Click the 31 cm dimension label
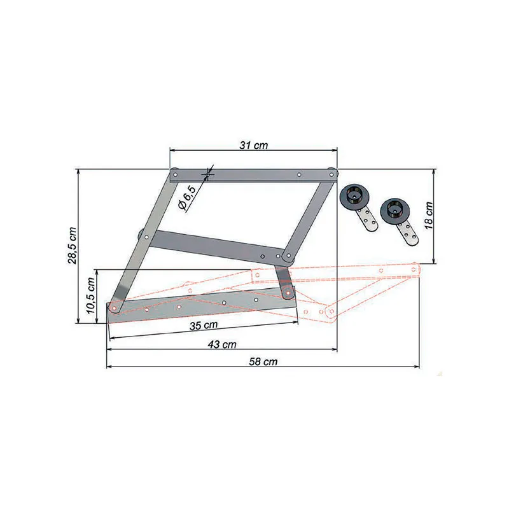[254, 145]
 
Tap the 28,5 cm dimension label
[72, 246]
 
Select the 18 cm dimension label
[428, 216]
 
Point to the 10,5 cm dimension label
[91, 295]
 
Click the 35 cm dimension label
[204, 325]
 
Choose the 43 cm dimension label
[222, 344]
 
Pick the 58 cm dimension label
[263, 361]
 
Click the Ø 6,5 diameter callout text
[187, 198]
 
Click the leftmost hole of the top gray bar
[176, 175]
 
